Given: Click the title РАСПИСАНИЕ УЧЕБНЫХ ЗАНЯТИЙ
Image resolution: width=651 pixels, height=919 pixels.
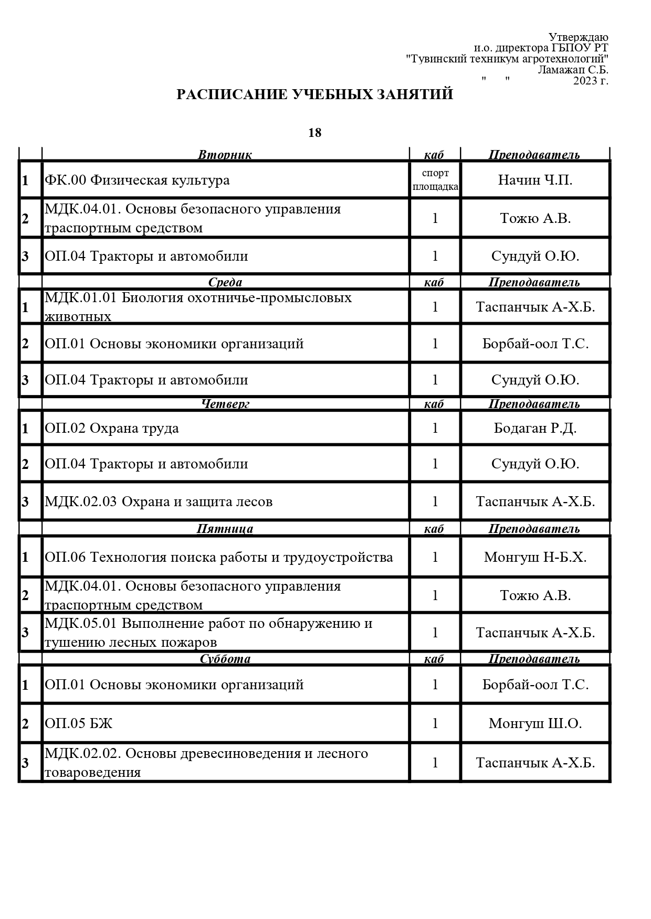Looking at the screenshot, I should (314, 94).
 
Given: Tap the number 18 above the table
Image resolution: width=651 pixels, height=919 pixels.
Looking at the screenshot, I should (314, 133).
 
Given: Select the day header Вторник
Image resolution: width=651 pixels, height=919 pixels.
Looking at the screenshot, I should (225, 155).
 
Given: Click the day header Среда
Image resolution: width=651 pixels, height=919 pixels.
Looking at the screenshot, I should (225, 282).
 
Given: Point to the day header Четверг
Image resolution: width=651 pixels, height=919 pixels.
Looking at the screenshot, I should (225, 403).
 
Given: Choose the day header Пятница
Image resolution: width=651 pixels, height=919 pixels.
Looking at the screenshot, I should (225, 528).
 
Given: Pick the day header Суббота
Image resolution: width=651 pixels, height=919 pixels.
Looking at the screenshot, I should (225, 658).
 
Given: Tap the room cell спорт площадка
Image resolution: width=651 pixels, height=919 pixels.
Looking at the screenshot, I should (435, 180).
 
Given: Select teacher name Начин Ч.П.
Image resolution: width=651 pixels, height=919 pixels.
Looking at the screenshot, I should (535, 180).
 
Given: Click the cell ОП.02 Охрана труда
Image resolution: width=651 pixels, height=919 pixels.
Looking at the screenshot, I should (112, 428).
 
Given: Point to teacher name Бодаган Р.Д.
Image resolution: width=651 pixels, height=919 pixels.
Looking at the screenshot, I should (535, 428).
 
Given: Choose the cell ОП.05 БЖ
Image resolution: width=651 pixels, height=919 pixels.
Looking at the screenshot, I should (79, 723).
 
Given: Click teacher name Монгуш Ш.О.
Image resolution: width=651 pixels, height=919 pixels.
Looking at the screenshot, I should (535, 723).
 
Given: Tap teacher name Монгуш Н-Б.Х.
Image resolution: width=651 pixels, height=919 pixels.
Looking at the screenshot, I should (535, 557).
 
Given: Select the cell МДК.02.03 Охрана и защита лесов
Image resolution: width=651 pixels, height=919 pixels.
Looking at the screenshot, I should (159, 501).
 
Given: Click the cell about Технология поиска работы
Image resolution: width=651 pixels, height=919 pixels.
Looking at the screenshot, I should (219, 557).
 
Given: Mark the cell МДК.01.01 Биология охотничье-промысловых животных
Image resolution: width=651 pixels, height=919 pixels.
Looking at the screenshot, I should (198, 307).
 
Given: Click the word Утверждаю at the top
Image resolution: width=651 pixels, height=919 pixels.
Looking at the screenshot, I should (578, 37).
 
